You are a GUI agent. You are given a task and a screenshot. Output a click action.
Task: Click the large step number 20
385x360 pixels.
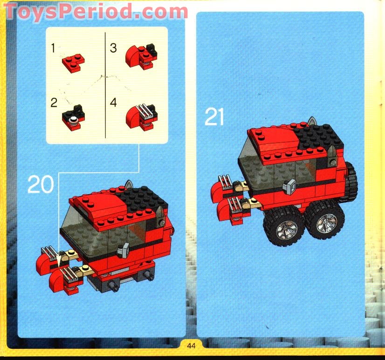41,184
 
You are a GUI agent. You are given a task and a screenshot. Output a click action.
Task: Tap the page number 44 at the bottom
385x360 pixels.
192,346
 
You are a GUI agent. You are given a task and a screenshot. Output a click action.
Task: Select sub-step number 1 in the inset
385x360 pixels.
54,48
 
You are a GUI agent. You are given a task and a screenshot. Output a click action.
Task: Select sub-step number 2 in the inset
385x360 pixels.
54,102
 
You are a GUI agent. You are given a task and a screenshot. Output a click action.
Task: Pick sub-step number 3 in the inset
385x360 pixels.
113,48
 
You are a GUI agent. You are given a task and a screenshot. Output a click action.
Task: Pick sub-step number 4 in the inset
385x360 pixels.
113,102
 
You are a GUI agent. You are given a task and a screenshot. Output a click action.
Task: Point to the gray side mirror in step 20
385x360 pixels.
125,250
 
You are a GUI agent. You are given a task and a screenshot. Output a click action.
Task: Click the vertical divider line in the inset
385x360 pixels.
106,84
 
